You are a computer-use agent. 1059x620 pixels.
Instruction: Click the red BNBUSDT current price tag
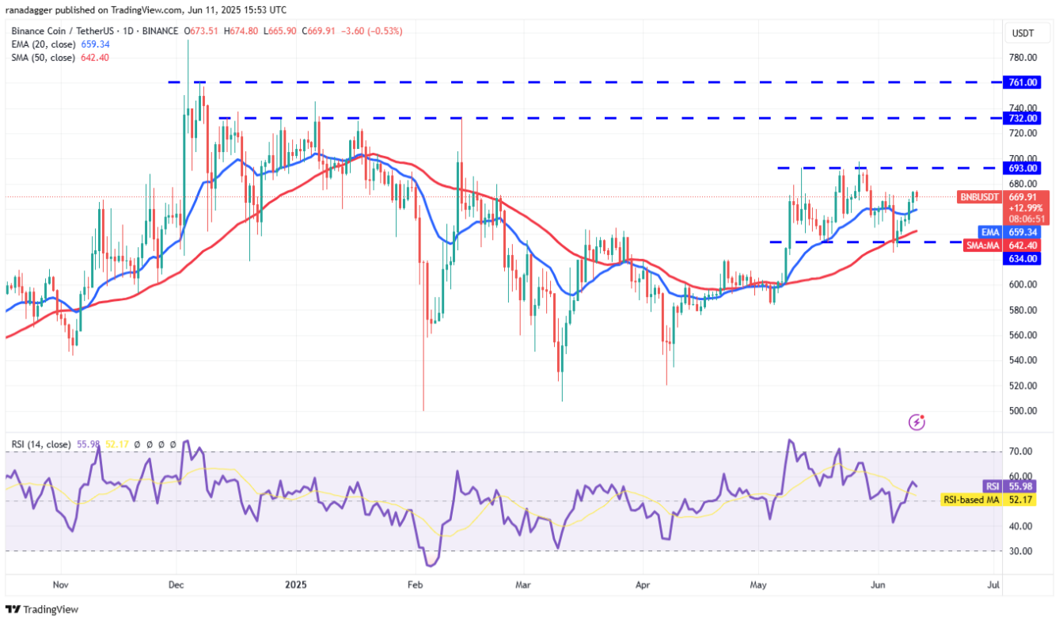1004,207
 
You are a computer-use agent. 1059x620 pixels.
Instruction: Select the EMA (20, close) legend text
44,44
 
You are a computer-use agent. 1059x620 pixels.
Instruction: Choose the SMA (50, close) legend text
44,58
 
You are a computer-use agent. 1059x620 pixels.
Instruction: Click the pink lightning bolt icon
917,422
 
